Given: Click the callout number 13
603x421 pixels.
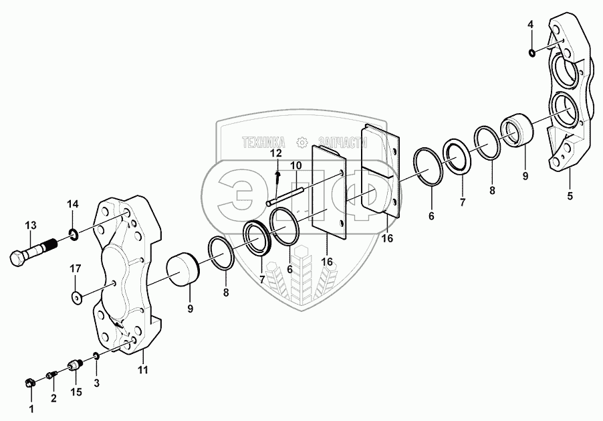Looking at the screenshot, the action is (x=30, y=226).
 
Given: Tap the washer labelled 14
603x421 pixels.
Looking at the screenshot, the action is (x=73, y=234).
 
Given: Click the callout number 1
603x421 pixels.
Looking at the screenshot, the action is (x=31, y=408).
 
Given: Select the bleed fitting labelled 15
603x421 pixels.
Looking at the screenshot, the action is (x=74, y=366).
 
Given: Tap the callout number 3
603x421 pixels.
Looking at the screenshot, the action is (x=96, y=383).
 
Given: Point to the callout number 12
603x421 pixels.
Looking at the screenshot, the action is (x=276, y=155).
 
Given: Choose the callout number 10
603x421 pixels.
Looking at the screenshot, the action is (x=296, y=165).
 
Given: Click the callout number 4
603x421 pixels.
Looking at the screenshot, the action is (x=531, y=25).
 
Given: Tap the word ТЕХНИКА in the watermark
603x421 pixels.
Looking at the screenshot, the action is (x=264, y=142).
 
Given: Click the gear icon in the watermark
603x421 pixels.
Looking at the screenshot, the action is (x=301, y=142).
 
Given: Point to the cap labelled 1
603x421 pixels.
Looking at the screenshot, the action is (x=29, y=383).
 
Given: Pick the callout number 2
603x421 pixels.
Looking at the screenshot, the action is (x=54, y=398).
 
